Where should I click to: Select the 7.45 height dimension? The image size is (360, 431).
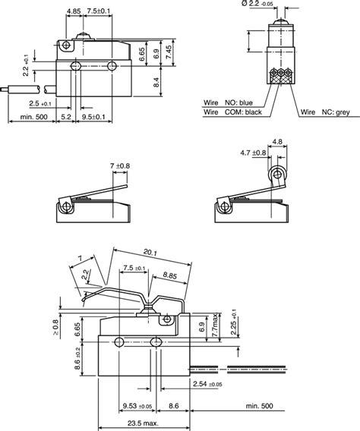(x=172, y=55)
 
